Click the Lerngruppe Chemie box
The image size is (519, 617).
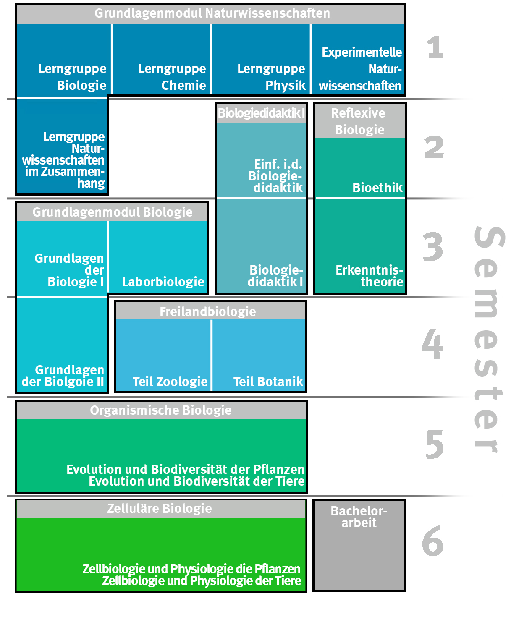(x=161, y=59)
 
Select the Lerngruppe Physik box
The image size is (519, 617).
(x=261, y=59)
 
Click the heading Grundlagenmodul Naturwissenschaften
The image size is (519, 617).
(x=212, y=13)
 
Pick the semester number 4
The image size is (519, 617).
(x=432, y=345)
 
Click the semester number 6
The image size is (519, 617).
(x=432, y=541)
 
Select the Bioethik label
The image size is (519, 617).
(x=377, y=188)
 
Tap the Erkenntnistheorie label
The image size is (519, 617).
(x=369, y=276)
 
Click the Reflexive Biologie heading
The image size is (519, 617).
(x=359, y=121)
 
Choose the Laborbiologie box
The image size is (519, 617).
(x=163, y=282)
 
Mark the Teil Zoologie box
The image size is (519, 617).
(x=170, y=382)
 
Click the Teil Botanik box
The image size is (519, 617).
(x=268, y=382)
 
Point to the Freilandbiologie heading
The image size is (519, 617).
(x=208, y=311)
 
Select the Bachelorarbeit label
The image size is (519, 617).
(x=359, y=517)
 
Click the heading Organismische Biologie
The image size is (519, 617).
(x=161, y=410)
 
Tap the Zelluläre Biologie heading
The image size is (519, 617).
(x=160, y=509)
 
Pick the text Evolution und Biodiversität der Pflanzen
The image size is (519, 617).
(x=185, y=469)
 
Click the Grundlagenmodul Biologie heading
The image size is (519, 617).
(x=112, y=212)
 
